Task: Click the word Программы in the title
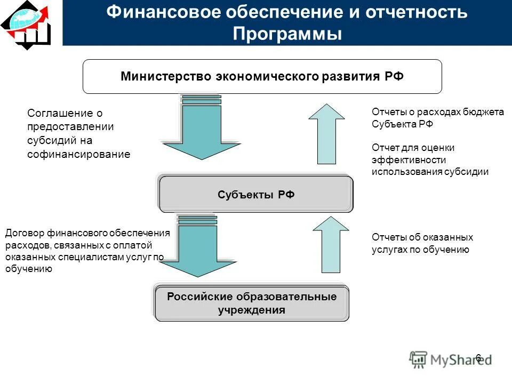click(x=287, y=34)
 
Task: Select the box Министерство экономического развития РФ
click(x=262, y=76)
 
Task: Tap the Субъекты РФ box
click(x=256, y=195)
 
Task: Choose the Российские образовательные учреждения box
click(x=252, y=303)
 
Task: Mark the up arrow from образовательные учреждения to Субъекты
click(x=330, y=245)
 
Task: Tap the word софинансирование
click(x=78, y=155)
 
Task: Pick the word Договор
click(x=25, y=233)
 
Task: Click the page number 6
click(x=478, y=358)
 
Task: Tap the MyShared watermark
click(x=451, y=359)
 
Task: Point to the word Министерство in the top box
click(x=166, y=76)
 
